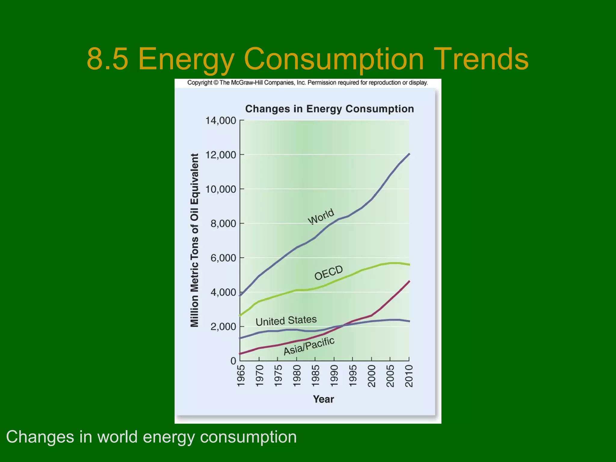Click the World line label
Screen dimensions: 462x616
[321, 216]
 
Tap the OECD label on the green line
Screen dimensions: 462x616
[328, 273]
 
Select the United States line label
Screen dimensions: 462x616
[286, 320]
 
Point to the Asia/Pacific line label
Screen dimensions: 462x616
[309, 346]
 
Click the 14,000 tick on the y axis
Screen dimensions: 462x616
[220, 121]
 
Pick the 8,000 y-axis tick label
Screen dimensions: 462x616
[223, 223]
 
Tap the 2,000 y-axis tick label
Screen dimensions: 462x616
[223, 327]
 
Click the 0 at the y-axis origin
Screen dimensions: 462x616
[233, 361]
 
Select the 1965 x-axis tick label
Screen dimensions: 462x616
[241, 376]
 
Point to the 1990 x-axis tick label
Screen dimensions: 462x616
[334, 376]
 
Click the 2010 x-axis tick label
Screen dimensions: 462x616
[409, 376]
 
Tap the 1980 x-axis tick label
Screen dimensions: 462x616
[297, 376]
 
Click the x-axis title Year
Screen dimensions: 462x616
[323, 399]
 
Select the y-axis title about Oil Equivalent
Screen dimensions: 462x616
[195, 240]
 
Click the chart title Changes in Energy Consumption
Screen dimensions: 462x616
[329, 109]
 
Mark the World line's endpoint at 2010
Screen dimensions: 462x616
[409, 154]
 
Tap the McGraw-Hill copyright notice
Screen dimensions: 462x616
[307, 83]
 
